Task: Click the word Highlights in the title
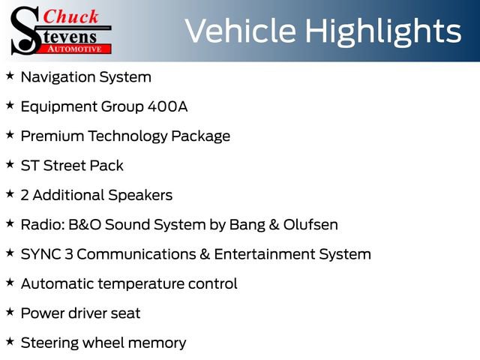pyautogui.click(x=383, y=32)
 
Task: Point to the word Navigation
pyautogui.click(x=58, y=77)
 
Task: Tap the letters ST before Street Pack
pyautogui.click(x=30, y=166)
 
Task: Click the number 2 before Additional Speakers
pyautogui.click(x=25, y=195)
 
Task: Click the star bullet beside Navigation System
pyautogui.click(x=10, y=76)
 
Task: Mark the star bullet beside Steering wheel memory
pyautogui.click(x=10, y=342)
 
